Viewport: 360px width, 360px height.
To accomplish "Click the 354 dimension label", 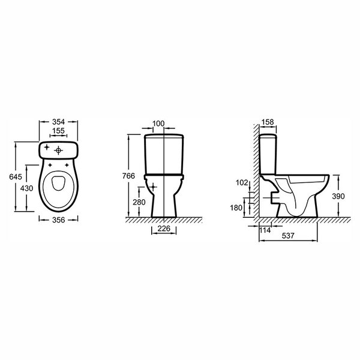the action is coord(58,122).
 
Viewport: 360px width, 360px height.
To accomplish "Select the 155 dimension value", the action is coord(58,131).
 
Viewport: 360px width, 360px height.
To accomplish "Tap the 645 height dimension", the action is coord(16,176).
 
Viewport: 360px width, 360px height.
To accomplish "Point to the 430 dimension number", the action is coord(26,188).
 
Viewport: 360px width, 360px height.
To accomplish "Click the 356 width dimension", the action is coord(59,220).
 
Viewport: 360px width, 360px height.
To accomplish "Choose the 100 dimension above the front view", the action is coord(158,124).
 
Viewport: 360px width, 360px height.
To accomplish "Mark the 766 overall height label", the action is coord(128,176).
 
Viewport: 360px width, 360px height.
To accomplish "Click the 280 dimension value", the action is coord(139,202).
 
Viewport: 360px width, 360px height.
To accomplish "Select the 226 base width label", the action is coord(164,229).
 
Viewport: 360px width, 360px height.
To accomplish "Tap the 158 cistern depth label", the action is coord(268,122).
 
